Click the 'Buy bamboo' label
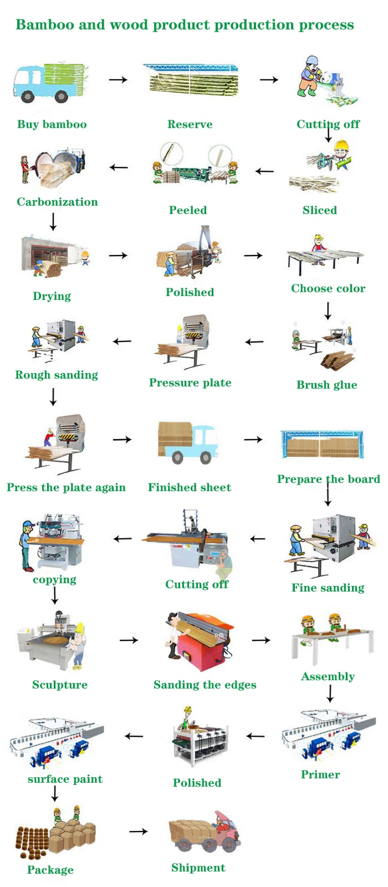click(x=52, y=124)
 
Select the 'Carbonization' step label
click(x=57, y=202)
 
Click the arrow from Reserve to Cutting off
click(x=269, y=80)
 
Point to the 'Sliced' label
click(x=319, y=210)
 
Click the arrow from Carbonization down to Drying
click(x=53, y=222)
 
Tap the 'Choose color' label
click(x=328, y=288)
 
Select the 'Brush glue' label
click(x=326, y=385)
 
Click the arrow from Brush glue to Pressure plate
click(x=254, y=342)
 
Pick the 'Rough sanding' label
click(x=57, y=375)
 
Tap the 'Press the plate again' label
click(x=66, y=487)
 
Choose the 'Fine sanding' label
click(x=328, y=588)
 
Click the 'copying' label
click(x=54, y=579)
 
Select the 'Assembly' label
click(x=328, y=676)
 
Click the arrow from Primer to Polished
click(x=256, y=736)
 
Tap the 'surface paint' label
click(x=65, y=779)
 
